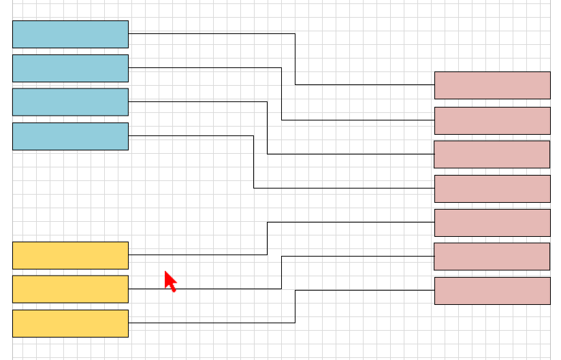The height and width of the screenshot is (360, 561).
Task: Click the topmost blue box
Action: (70, 34)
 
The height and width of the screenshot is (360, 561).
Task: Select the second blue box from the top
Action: (70, 68)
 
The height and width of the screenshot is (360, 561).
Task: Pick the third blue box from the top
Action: (70, 102)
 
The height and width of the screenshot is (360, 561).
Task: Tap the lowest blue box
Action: (70, 136)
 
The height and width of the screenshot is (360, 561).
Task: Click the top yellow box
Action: (70, 255)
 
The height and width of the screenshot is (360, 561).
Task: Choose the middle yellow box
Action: (70, 289)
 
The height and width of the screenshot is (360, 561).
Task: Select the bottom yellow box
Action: (70, 323)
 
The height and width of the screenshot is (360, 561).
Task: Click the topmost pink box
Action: (492, 85)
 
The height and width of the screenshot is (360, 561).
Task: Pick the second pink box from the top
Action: (492, 120)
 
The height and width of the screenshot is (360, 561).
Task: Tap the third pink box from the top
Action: (492, 154)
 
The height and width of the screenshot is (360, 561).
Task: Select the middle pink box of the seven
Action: (492, 189)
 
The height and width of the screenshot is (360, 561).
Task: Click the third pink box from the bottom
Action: (492, 223)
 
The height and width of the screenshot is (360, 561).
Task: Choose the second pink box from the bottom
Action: (492, 257)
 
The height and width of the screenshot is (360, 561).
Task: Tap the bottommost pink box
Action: (492, 291)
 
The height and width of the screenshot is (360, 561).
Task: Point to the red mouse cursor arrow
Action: (170, 280)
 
